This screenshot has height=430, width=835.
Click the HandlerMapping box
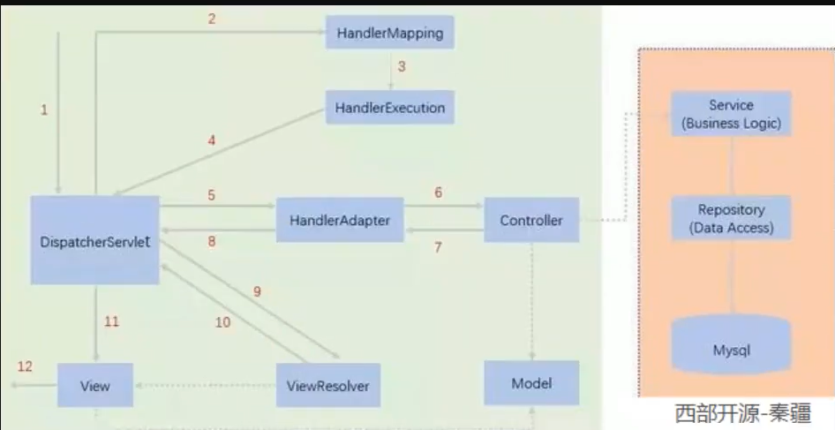click(389, 34)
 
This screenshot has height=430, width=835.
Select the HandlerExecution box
click(389, 108)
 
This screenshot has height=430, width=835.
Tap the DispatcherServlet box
click(94, 240)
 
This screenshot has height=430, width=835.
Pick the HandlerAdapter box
click(339, 220)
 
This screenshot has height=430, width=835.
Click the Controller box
click(530, 220)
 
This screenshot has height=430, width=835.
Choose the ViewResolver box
click(327, 386)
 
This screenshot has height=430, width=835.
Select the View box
click(94, 386)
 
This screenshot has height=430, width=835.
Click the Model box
click(531, 382)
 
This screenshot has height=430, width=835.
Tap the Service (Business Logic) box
click(731, 114)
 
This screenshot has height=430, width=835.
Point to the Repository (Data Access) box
click(731, 218)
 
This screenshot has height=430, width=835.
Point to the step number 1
click(43, 109)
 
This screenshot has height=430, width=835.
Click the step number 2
click(212, 19)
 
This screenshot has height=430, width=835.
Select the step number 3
click(401, 66)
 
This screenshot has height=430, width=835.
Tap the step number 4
click(211, 140)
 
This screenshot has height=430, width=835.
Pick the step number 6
click(438, 192)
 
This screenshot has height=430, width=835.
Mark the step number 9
click(257, 291)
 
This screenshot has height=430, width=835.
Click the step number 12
click(25, 366)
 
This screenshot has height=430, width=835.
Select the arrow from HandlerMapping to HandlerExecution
click(389, 71)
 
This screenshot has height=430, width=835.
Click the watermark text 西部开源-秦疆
click(741, 413)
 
